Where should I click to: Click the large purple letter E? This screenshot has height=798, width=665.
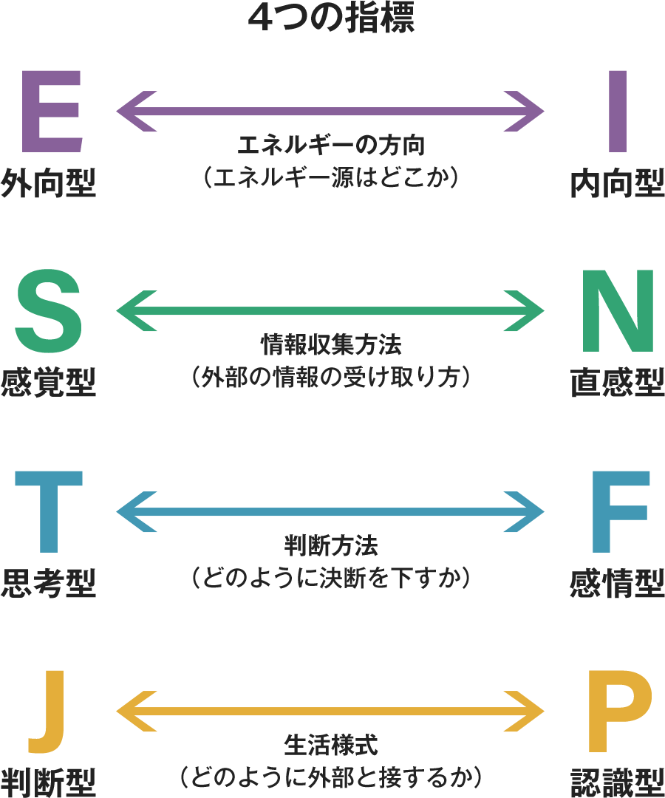[x=50, y=111]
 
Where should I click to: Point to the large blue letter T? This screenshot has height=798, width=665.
[x=49, y=512]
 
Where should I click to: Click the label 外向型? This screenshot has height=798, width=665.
[x=49, y=184]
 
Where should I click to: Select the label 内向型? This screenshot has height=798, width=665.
[x=617, y=184]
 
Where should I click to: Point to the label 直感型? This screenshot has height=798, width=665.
[x=617, y=383]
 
